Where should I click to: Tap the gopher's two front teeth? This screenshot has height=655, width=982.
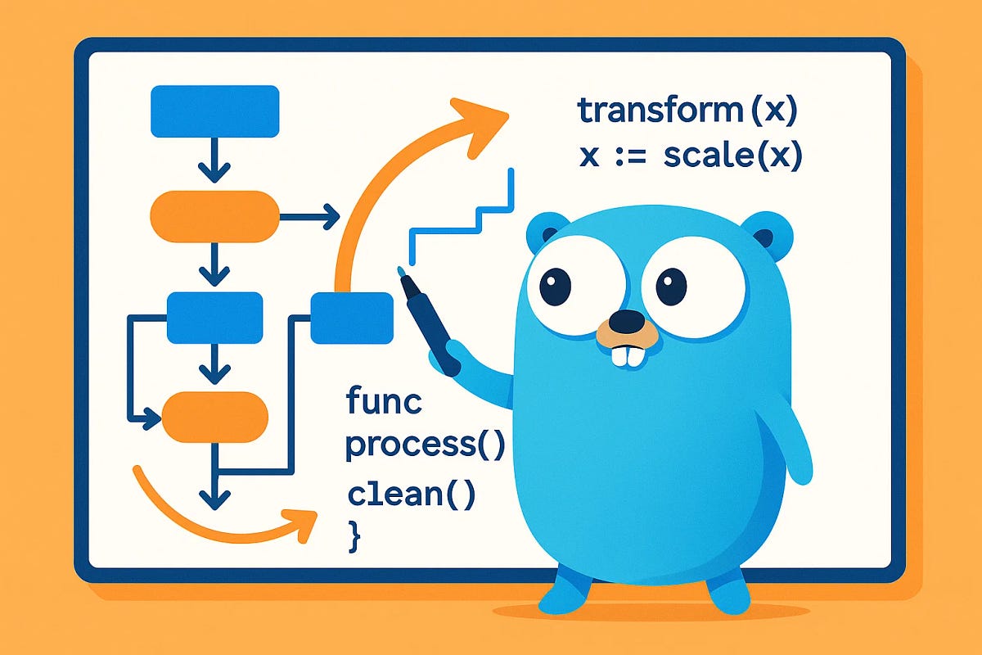tap(628, 354)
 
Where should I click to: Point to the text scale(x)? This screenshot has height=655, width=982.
tap(732, 156)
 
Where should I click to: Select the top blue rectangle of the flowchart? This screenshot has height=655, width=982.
tap(215, 111)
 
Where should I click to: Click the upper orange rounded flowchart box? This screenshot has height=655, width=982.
tap(213, 216)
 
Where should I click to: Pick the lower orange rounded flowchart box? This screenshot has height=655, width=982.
tap(214, 418)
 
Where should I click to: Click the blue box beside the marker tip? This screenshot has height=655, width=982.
tap(352, 318)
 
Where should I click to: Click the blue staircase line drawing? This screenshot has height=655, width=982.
tap(462, 217)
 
